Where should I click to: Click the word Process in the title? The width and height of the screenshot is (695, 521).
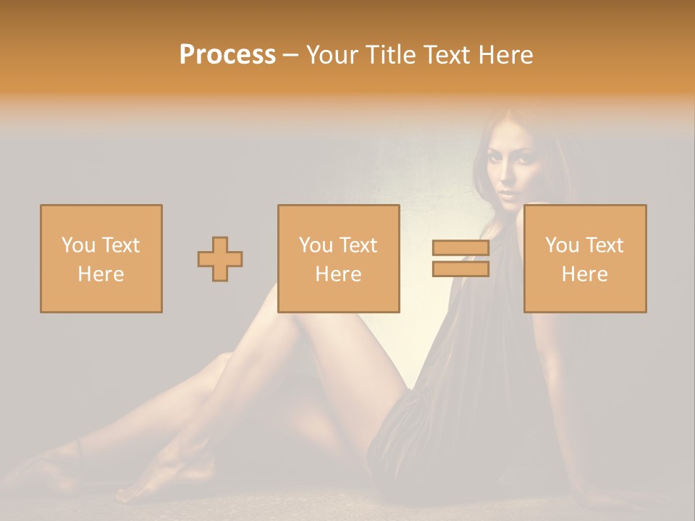(227, 55)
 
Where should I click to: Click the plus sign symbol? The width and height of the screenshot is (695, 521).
(220, 259)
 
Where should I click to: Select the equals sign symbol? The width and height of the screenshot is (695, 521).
(460, 258)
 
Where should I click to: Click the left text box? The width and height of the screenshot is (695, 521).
(101, 258)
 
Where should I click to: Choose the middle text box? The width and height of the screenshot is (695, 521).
(339, 258)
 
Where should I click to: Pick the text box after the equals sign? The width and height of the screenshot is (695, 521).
(585, 258)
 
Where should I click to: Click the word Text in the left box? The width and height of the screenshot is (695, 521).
(120, 245)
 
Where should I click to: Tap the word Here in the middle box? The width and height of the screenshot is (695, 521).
(339, 274)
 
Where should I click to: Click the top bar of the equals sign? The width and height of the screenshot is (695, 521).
(460, 248)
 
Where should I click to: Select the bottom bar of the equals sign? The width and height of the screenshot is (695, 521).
(460, 268)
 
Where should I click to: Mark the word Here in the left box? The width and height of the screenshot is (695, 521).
(101, 274)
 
